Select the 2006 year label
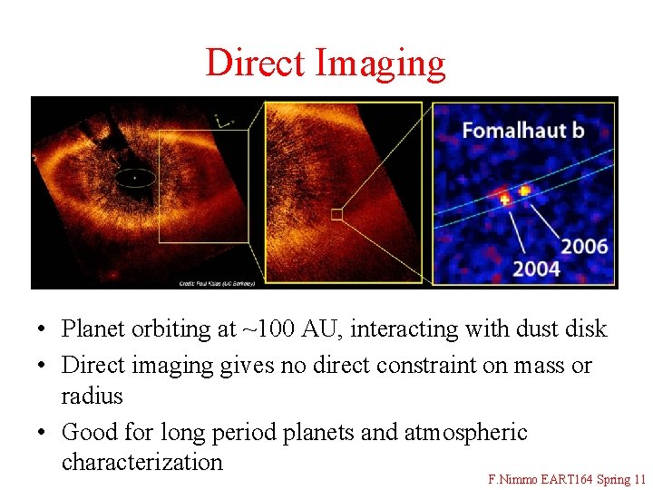(x=584, y=246)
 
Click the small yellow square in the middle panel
(x=336, y=214)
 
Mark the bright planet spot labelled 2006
(x=524, y=191)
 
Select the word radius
(x=92, y=397)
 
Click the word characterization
(x=141, y=462)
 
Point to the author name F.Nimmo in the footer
(x=513, y=478)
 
